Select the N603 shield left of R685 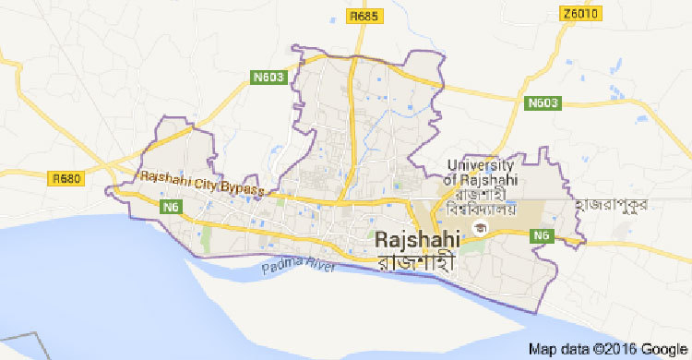point(265,79)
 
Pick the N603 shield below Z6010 point(543,102)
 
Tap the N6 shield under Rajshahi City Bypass point(170,208)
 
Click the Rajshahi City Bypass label point(200,182)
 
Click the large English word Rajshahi point(419,238)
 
